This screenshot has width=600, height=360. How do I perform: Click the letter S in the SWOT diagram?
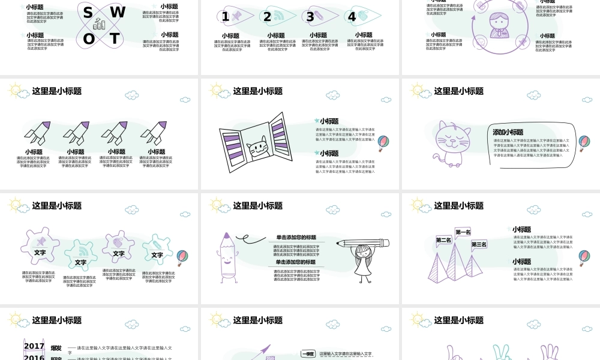88,13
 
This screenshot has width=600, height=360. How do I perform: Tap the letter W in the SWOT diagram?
118,13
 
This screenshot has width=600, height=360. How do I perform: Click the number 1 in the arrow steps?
225,17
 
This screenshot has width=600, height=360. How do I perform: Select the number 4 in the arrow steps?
352,17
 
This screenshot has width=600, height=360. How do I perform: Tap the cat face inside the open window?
257,145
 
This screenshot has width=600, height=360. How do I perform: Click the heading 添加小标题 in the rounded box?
508,132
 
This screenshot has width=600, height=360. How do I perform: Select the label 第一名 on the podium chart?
463,232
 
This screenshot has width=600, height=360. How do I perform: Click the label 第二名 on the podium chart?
443,240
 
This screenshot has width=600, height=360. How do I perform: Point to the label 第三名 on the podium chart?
479,244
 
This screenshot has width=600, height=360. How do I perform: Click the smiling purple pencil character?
229,258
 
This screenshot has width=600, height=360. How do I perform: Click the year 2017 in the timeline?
34,346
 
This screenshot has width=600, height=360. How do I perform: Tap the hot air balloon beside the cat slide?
584,143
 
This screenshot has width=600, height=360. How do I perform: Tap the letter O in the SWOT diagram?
89,40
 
